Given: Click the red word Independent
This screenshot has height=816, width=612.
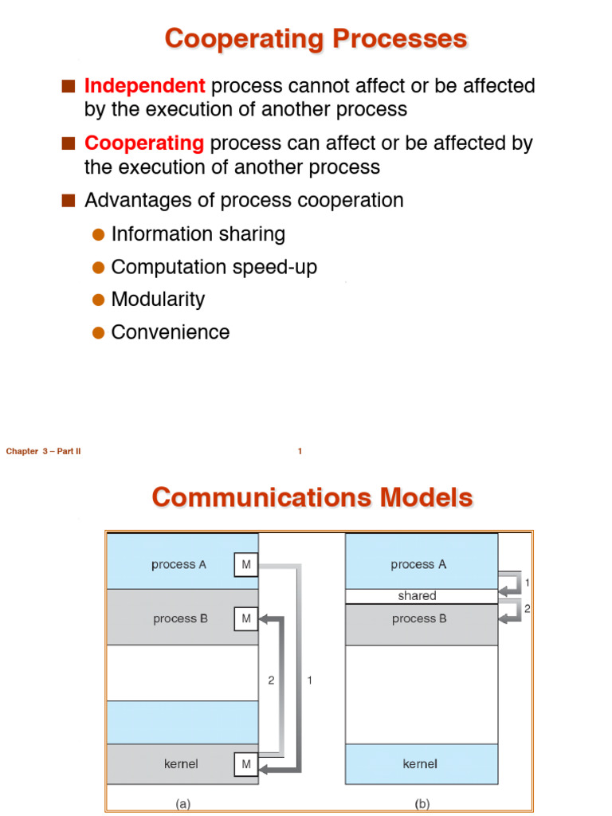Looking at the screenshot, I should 144,85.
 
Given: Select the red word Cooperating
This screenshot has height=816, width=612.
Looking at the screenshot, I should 144,143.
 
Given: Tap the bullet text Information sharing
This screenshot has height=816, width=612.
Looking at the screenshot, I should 198,233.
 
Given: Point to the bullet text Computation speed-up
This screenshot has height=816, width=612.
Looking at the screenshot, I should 214,267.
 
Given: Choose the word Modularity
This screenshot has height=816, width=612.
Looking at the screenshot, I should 158,300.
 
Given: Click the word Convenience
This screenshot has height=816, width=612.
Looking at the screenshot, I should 170,332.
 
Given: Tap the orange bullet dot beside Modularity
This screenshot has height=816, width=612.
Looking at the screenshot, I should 98,300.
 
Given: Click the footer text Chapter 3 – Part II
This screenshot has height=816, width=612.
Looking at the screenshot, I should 44,452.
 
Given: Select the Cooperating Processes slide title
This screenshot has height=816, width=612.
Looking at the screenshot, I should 316,39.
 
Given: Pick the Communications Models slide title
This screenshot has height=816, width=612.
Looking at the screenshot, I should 312,498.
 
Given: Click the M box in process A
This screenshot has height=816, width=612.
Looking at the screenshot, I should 245,565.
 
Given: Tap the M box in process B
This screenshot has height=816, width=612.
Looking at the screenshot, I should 245,618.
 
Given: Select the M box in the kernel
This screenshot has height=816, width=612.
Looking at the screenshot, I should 245,765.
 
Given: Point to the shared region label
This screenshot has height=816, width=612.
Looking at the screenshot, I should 417,596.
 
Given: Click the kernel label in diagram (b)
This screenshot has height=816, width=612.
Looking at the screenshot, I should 419,764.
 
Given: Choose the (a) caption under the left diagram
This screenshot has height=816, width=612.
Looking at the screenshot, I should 183,805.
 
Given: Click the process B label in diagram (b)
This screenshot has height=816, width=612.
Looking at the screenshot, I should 419,618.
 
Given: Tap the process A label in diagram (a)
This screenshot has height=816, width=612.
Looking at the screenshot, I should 179,565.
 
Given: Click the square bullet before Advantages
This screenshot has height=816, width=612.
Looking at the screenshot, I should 69,201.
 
